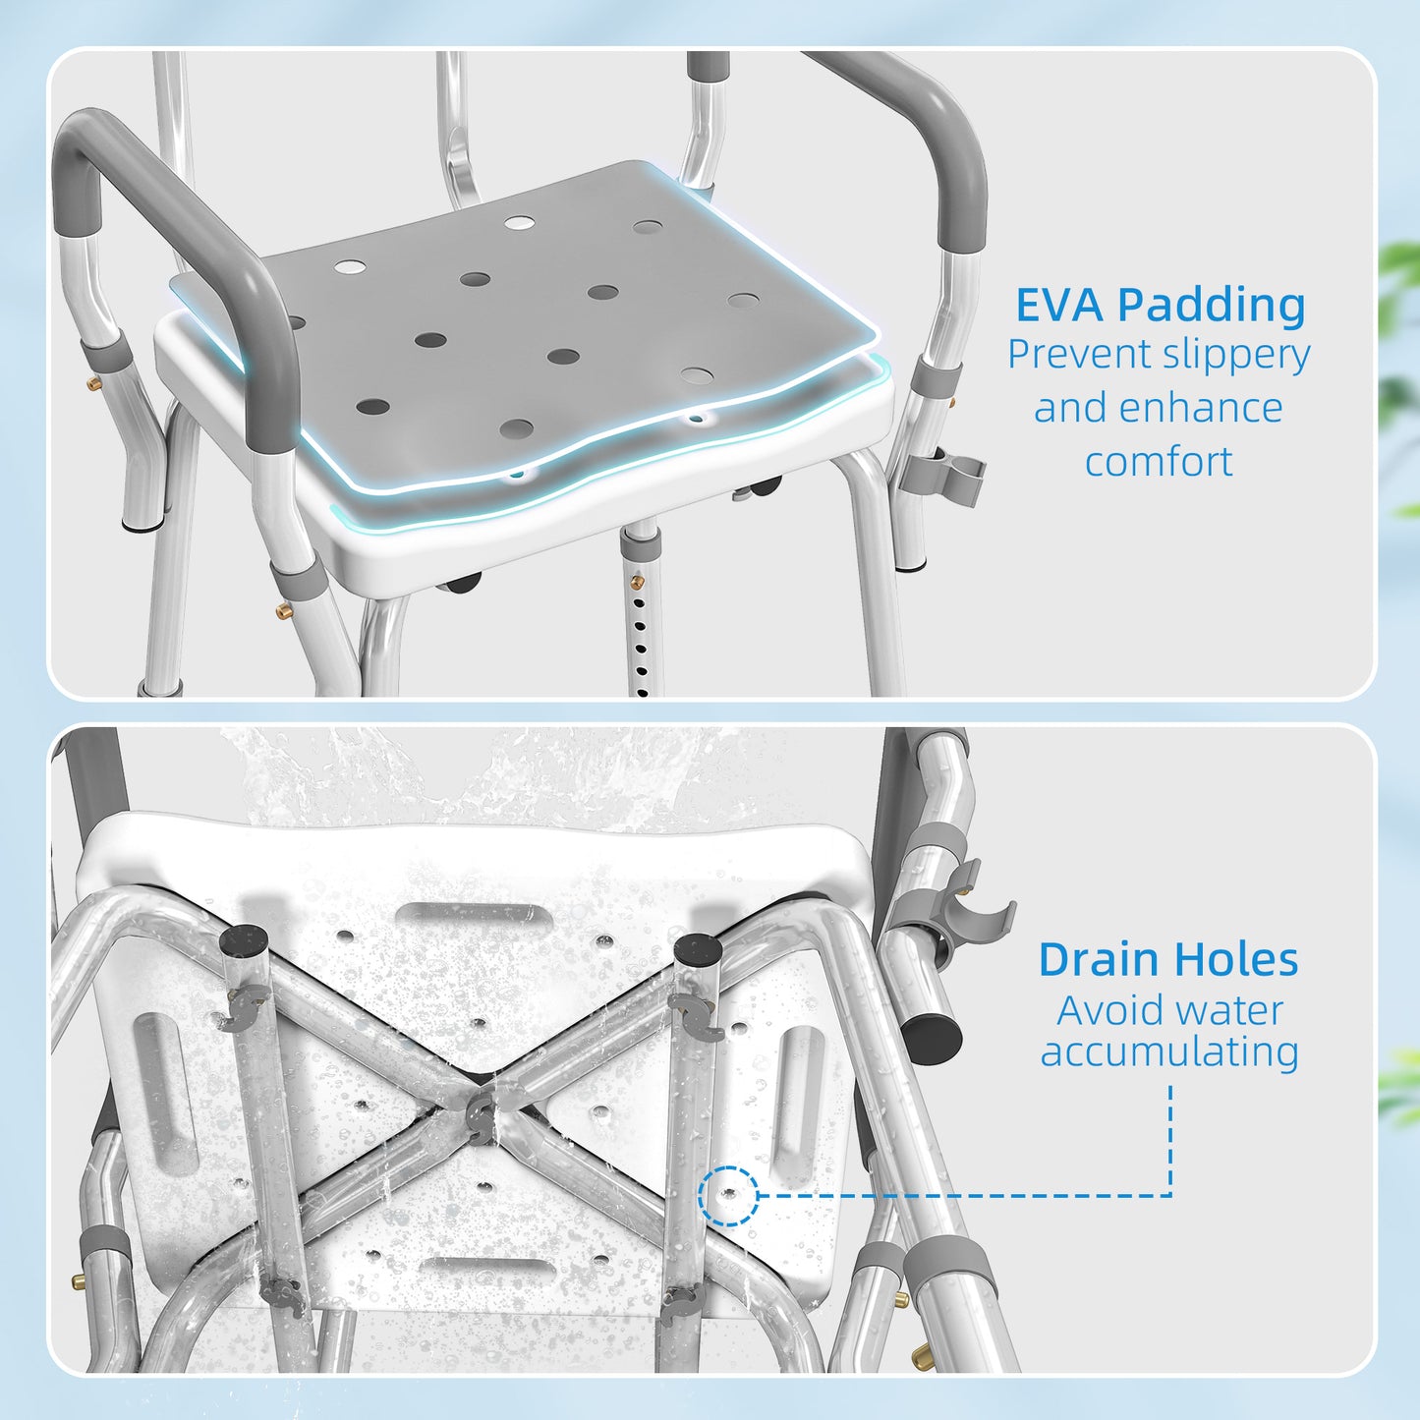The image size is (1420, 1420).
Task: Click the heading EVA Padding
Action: tap(1161, 305)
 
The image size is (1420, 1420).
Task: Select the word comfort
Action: tap(1159, 461)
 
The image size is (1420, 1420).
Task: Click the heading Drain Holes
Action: tap(1168, 959)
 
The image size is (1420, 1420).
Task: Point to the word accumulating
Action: tap(1169, 1051)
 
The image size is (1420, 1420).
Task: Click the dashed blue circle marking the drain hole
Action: tap(728, 1196)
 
